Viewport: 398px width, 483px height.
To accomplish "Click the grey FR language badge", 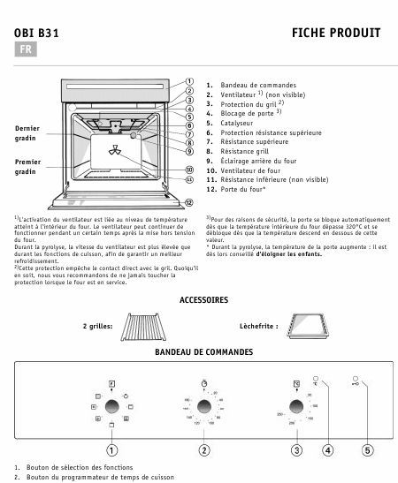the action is (x=24, y=51).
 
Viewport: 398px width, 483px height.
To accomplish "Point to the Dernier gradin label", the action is (x=27, y=133).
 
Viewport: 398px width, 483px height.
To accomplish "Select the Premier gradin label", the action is (x=27, y=167).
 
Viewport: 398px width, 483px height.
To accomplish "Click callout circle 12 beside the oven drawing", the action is (x=188, y=201).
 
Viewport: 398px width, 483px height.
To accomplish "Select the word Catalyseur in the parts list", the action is (x=233, y=124).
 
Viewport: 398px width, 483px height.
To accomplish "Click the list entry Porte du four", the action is (x=241, y=189).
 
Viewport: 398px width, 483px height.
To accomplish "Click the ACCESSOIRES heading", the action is (x=203, y=301).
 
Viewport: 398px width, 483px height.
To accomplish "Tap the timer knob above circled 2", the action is (x=203, y=406).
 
